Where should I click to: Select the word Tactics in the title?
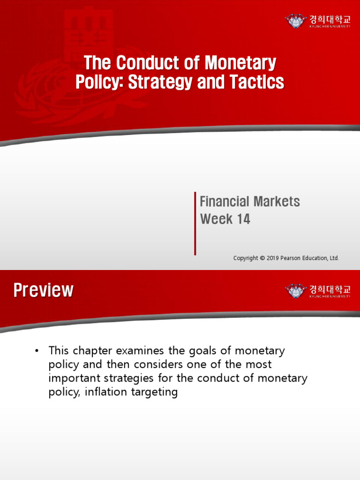click(256, 82)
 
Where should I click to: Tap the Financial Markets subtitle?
click(250, 202)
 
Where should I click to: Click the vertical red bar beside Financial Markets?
click(195, 223)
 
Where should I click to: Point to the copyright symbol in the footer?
click(262, 258)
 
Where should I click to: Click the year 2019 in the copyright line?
click(273, 258)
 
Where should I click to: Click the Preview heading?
click(43, 290)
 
